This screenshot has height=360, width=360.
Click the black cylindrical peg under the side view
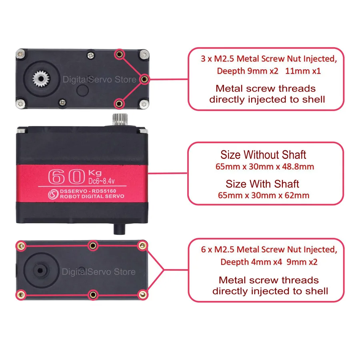(x=119, y=228)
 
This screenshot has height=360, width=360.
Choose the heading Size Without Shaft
(x=263, y=154)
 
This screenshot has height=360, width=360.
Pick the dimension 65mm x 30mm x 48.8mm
(x=263, y=166)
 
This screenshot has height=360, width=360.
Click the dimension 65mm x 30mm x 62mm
(x=263, y=195)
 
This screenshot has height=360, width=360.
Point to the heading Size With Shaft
(x=262, y=184)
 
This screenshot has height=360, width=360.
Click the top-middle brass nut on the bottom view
(x=92, y=245)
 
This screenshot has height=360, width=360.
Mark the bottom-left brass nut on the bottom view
(x=19, y=295)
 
